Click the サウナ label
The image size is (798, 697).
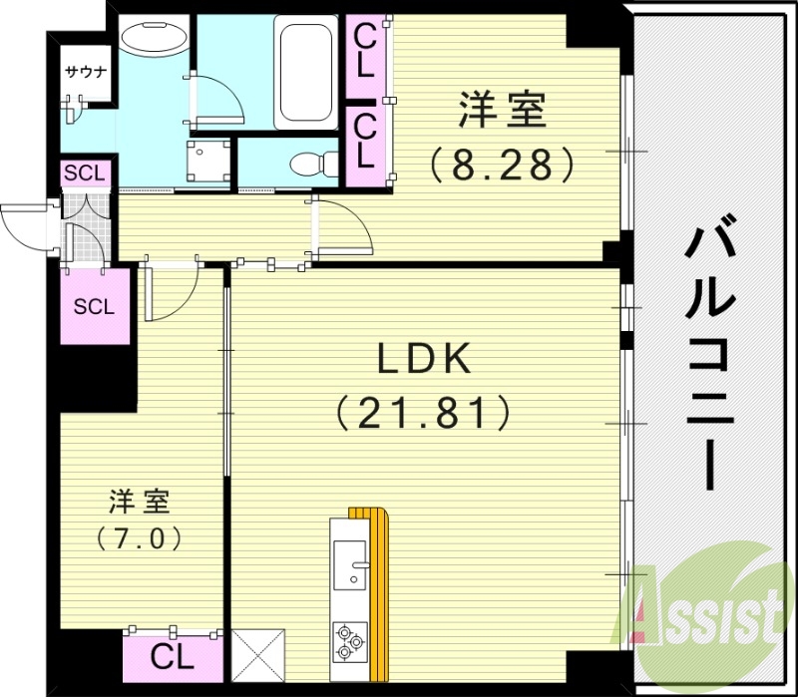(85, 72)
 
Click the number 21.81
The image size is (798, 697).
(422, 410)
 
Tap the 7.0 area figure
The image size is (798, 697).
(139, 538)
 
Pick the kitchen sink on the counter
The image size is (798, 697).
(350, 564)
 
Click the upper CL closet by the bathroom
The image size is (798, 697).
(364, 51)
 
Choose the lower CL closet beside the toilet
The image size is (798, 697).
(364, 141)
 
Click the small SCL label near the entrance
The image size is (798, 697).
(84, 174)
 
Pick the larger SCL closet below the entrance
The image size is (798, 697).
(95, 306)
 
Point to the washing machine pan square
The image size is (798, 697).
(208, 160)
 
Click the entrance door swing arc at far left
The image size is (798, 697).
(22, 225)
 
